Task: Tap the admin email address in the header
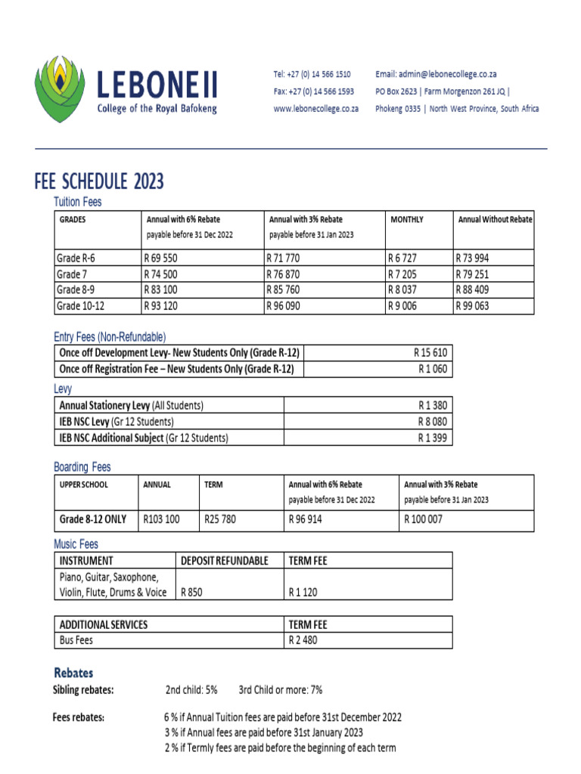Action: pos(436,74)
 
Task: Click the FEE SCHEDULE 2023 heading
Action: pos(99,181)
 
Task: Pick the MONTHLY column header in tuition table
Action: pos(406,219)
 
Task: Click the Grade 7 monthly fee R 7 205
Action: pos(402,274)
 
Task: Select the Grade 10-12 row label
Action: pos(82,306)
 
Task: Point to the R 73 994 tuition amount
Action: pos(473,258)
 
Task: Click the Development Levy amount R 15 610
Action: pos(430,353)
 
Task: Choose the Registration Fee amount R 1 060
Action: pos(433,369)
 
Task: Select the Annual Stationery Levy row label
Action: pos(131,405)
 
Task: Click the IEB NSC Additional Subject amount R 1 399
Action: pos(433,438)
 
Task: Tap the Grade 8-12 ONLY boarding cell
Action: pos(94,519)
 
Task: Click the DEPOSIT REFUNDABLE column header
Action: pos(225,560)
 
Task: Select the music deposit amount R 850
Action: pos(191,593)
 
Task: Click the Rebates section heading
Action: pos(73,672)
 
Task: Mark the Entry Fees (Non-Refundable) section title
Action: pos(110,336)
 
